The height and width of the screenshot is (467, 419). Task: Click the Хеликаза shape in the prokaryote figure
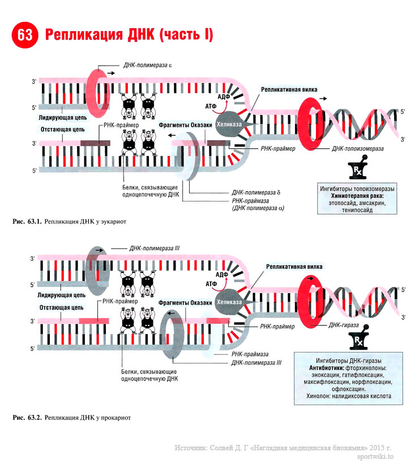click(x=230, y=301)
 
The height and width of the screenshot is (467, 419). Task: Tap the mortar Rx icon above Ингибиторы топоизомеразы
click(x=357, y=170)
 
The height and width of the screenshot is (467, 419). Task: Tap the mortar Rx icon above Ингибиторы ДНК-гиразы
click(x=357, y=342)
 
